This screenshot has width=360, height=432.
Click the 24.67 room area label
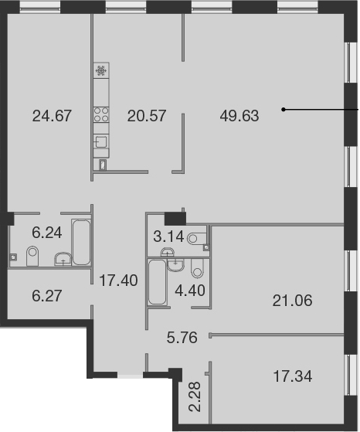click(x=52, y=116)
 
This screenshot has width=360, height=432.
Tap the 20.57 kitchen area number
click(x=147, y=116)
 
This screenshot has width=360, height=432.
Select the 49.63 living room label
click(x=239, y=116)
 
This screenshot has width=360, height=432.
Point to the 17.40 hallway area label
click(x=118, y=281)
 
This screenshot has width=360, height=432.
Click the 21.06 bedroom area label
click(x=292, y=301)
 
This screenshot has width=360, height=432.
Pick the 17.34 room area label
click(x=293, y=376)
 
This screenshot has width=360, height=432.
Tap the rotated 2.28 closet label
click(x=195, y=396)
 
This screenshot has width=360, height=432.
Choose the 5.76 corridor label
click(x=182, y=338)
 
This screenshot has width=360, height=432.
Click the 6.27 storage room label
click(x=47, y=296)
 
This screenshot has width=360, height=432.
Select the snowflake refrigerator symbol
click(x=101, y=71)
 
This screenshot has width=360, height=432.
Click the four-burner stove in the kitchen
click(x=101, y=114)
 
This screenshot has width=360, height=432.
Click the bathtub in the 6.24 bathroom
click(x=81, y=242)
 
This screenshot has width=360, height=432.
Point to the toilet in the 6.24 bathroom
click(x=32, y=256)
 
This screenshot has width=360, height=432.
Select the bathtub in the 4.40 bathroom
click(x=157, y=282)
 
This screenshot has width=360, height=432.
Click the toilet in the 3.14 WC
click(x=197, y=238)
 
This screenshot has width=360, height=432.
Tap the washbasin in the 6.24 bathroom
click(x=63, y=259)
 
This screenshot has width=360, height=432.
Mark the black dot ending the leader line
click(x=284, y=110)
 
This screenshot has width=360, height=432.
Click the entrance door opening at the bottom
click(x=130, y=375)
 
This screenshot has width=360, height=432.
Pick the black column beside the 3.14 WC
click(x=175, y=219)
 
